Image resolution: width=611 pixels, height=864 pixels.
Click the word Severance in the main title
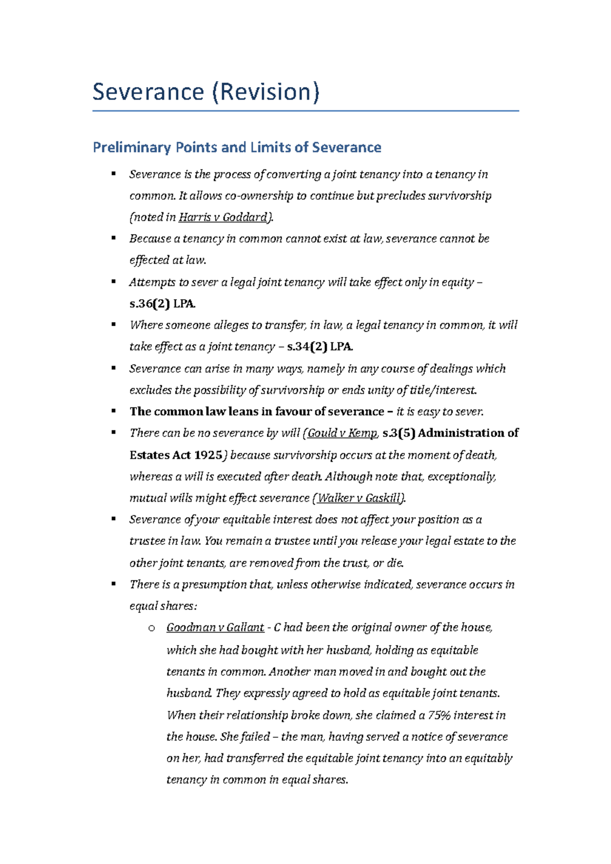pos(148,92)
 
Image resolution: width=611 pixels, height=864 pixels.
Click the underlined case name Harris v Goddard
pos(223,217)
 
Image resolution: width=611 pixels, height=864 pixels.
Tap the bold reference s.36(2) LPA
pos(162,304)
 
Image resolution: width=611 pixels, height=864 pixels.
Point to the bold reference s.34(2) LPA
pos(320,347)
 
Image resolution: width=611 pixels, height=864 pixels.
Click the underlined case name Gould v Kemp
pos(342,433)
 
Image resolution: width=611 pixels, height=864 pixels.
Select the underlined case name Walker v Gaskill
pos(359,498)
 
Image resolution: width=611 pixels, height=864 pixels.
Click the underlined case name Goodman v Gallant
pos(215,628)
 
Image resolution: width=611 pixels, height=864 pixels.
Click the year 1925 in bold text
pos(209,455)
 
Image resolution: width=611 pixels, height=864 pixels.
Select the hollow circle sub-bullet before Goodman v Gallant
pos(151,628)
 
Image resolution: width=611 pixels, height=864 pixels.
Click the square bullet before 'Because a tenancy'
pos(114,238)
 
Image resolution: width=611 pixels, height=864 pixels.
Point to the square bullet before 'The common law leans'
pos(114,411)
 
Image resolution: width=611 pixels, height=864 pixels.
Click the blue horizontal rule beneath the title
pos(305,110)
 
